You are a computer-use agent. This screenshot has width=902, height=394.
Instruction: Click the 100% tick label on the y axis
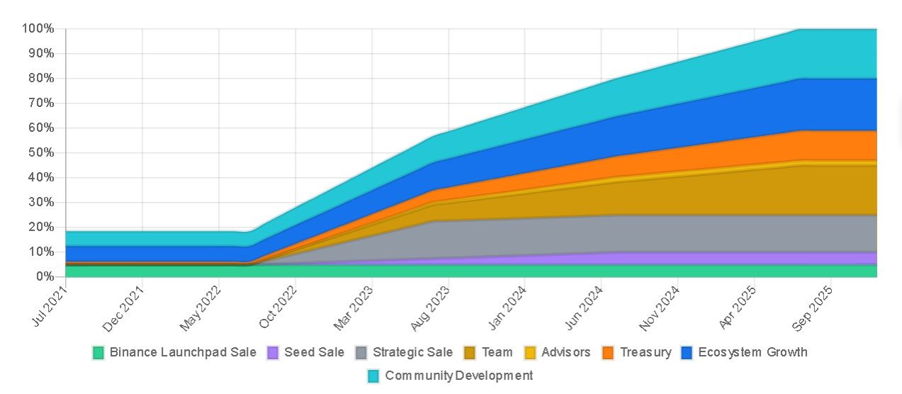pos(38,28)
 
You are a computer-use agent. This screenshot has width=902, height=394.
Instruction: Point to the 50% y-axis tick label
pos(41,152)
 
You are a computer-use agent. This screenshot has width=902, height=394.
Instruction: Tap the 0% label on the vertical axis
pos(44,276)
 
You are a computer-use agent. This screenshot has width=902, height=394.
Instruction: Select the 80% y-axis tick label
pos(41,78)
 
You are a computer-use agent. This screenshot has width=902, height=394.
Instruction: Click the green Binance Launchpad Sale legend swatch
pos(98,353)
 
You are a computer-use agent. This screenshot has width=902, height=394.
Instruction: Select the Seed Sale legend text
pos(314,352)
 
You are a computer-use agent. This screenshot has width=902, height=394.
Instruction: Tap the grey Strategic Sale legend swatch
pos(361,353)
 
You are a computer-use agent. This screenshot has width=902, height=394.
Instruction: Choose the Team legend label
pos(497,352)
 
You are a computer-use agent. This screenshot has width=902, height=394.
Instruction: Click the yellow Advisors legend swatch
pos(530,353)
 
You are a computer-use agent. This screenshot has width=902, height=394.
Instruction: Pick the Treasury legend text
pos(645,352)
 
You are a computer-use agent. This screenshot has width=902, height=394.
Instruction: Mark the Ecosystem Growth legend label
pos(752,352)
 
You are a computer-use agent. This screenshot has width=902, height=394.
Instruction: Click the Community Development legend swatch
pos(374,376)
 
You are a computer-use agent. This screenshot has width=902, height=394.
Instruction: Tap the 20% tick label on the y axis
pos(41,227)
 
